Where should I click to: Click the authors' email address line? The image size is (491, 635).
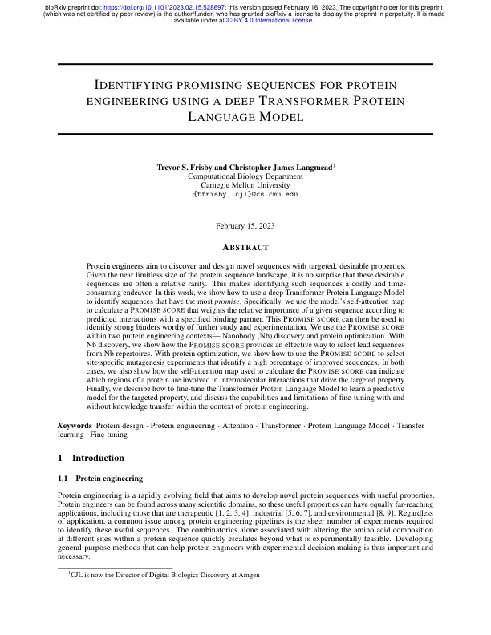(x=245, y=194)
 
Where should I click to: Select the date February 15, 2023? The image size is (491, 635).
(x=245, y=229)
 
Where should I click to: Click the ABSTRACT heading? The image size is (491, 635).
(x=245, y=248)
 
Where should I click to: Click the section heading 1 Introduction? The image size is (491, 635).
(x=91, y=459)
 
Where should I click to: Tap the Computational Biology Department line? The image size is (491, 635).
(x=245, y=176)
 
